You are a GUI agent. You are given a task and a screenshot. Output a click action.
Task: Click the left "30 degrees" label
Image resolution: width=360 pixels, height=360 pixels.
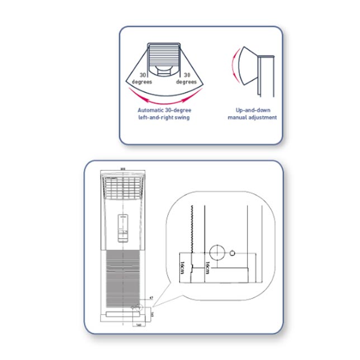(143, 78)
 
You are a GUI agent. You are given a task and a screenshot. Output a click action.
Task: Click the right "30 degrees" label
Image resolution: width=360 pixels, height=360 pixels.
(187, 78)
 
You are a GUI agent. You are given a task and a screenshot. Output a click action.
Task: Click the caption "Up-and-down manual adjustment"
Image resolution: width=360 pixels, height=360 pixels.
(252, 113)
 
